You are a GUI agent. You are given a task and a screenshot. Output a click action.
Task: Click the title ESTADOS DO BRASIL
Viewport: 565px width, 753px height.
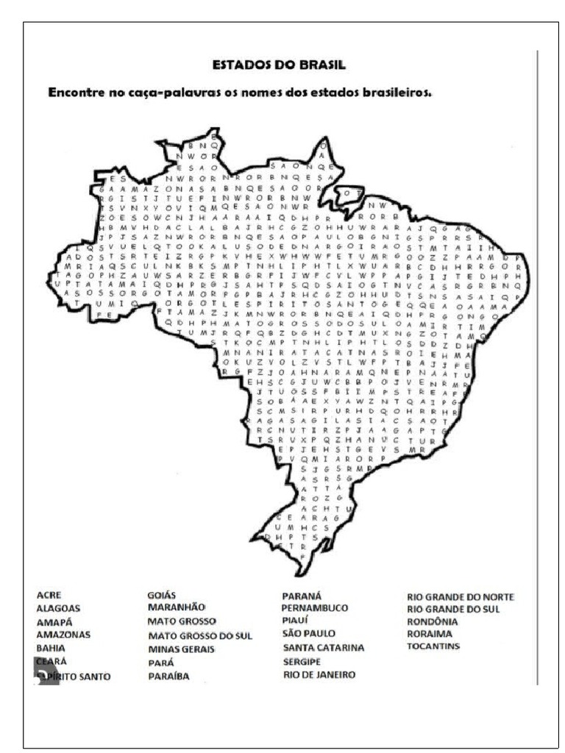[279, 65]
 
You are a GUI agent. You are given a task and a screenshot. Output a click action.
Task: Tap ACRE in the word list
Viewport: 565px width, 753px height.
[49, 595]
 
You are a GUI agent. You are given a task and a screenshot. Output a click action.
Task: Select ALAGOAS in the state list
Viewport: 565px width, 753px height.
[58, 609]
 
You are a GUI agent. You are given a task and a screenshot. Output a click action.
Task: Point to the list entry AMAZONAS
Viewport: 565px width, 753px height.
[63, 635]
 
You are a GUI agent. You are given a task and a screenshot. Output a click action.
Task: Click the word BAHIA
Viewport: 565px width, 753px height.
[51, 649]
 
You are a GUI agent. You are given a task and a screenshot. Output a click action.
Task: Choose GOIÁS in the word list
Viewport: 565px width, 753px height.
[162, 595]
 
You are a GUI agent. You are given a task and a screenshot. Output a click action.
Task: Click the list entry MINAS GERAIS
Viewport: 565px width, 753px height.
[181, 649]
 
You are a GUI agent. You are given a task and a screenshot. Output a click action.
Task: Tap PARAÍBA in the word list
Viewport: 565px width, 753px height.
[168, 675]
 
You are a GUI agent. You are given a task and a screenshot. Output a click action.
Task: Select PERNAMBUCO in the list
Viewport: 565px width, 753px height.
[314, 608]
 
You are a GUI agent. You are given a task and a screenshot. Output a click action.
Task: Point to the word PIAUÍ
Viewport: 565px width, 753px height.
[299, 621]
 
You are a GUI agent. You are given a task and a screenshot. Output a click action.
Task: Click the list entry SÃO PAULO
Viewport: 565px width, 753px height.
[309, 633]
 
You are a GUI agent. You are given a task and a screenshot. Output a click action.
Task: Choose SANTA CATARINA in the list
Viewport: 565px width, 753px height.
[324, 648]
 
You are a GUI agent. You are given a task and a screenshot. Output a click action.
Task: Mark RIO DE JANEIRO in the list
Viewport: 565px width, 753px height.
[319, 674]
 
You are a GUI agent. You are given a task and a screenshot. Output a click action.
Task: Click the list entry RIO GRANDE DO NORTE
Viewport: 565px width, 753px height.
[461, 596]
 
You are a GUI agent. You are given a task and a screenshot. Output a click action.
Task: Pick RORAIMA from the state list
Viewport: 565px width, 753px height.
[430, 633]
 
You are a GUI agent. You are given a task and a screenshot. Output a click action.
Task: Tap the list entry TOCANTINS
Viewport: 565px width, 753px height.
[433, 646]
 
